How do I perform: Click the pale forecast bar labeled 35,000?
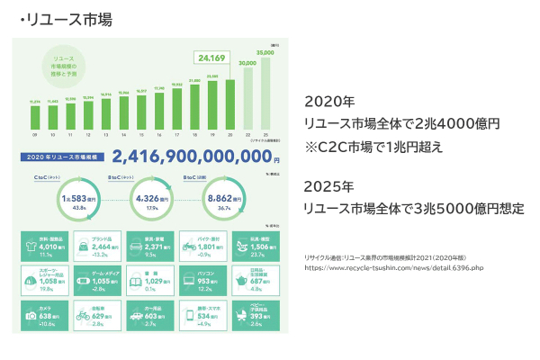[x=265, y=94]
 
